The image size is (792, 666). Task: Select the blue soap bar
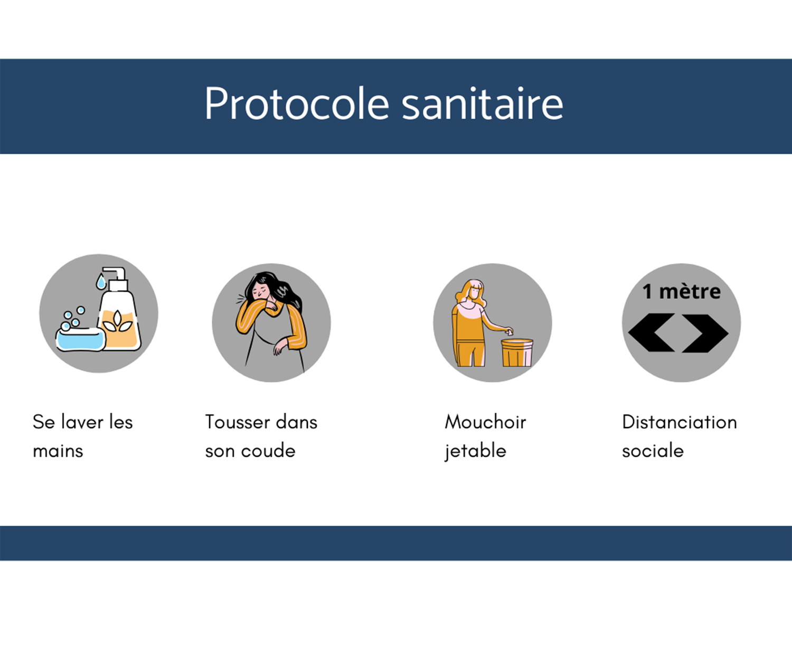[x=81, y=339]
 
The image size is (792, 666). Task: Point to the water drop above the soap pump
[x=101, y=281]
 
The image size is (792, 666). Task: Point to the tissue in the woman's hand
[x=509, y=332]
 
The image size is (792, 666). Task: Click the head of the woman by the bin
[x=474, y=291]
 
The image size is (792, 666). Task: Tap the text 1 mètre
[x=681, y=292]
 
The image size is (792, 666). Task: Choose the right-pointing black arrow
[x=705, y=333]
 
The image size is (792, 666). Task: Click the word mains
[x=58, y=451]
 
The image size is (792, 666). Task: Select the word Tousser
[x=238, y=422]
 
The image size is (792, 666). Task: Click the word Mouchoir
[x=485, y=422]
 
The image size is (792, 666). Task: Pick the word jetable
[x=475, y=451]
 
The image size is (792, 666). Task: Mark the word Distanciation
[x=679, y=422]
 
